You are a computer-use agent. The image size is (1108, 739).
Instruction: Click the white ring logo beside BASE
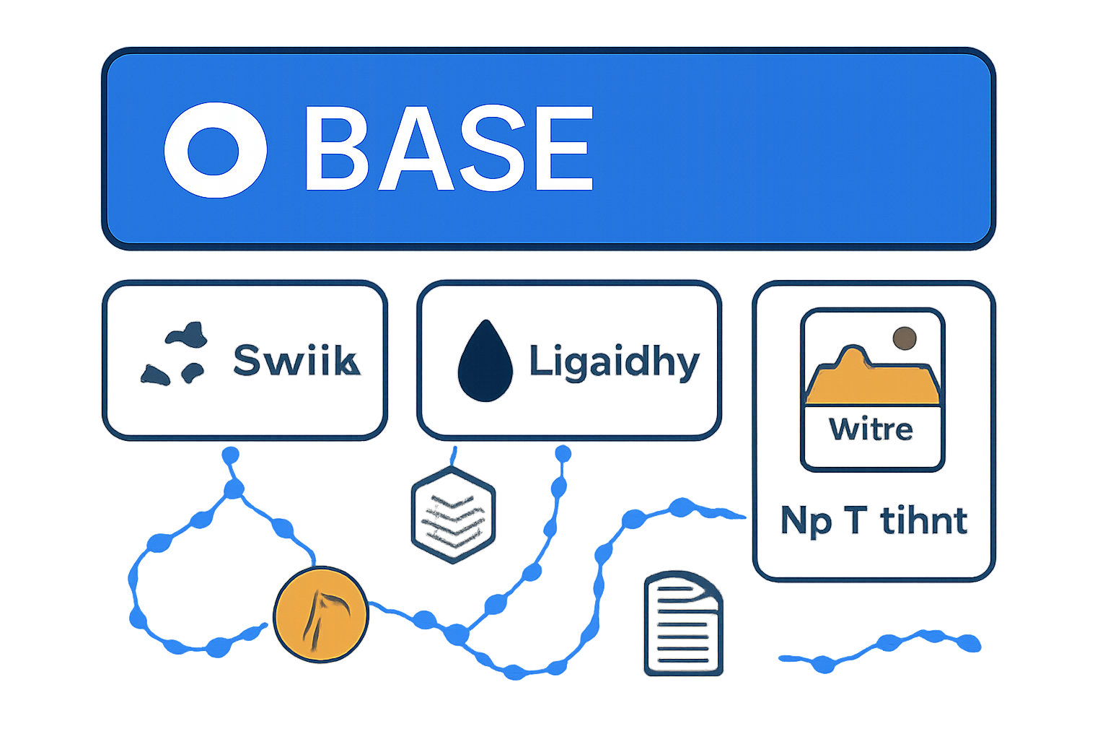[215, 149]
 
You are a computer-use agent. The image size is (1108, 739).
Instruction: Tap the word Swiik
[296, 360]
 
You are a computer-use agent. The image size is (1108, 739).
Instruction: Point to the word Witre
[871, 430]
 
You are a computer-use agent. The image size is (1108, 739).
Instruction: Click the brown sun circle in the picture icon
[904, 338]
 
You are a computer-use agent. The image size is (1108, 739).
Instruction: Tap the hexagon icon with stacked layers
[453, 515]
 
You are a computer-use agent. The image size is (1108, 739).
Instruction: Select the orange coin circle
[321, 613]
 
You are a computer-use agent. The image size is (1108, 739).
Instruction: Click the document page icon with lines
[682, 625]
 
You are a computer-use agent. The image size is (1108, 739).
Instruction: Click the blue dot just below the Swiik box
[230, 455]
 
